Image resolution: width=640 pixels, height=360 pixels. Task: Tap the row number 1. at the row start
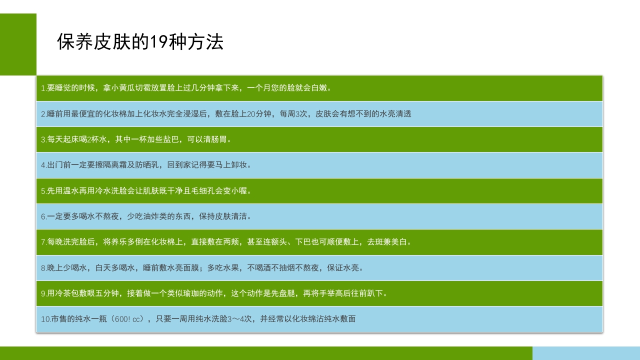(x=43, y=88)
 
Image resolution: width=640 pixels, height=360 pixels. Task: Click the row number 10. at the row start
(x=45, y=318)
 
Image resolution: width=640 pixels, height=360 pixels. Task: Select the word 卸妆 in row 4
(x=243, y=164)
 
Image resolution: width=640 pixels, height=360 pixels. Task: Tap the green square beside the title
(x=18, y=44)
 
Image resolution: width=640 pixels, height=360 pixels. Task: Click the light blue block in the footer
(x=586, y=353)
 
